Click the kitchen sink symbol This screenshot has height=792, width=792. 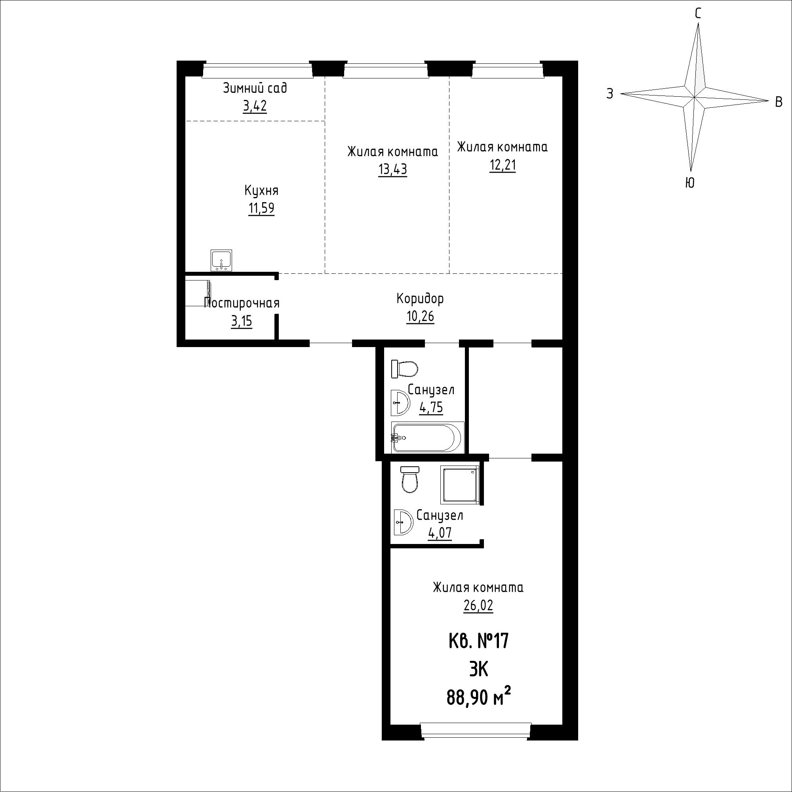(x=221, y=260)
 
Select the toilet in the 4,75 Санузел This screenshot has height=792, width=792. (x=405, y=369)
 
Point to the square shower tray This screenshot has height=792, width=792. (x=459, y=485)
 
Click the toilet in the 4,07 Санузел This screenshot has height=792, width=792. (x=410, y=479)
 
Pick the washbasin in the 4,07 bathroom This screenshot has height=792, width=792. (x=403, y=522)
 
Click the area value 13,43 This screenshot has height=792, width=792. (x=393, y=169)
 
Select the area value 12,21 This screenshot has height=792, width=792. (x=503, y=165)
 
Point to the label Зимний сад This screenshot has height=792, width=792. (x=255, y=88)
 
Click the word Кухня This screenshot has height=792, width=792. (x=261, y=191)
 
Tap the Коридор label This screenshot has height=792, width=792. (x=420, y=299)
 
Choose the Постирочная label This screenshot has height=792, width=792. (x=242, y=303)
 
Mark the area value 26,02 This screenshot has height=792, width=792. (x=478, y=605)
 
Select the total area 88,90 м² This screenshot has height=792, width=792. (x=479, y=698)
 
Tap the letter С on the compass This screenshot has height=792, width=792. (x=698, y=13)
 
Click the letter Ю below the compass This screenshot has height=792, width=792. (x=690, y=183)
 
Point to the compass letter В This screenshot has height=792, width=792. (x=779, y=102)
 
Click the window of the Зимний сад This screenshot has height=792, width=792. (x=257, y=70)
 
